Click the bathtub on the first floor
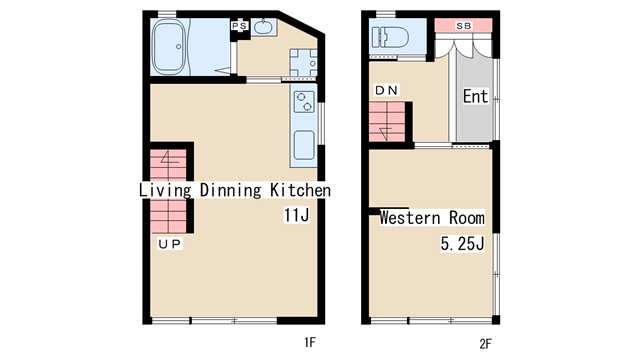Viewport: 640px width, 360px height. pyautogui.click(x=168, y=47)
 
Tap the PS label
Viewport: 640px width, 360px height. pyautogui.click(x=239, y=26)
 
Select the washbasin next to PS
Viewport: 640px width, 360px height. pyautogui.click(x=264, y=27)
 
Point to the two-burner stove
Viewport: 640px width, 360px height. pyautogui.click(x=304, y=102)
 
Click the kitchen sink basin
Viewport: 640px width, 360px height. pyautogui.click(x=304, y=145)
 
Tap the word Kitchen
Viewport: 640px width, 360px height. pyautogui.click(x=300, y=190)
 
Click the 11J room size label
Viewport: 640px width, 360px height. pyautogui.click(x=296, y=215)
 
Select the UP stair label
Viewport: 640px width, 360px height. pyautogui.click(x=169, y=244)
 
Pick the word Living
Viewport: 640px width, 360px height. pyautogui.click(x=165, y=191)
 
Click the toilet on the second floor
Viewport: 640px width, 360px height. pyautogui.click(x=390, y=38)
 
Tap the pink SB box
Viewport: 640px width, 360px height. pyautogui.click(x=463, y=25)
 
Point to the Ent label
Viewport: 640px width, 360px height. pyautogui.click(x=476, y=96)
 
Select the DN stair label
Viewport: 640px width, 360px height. pyautogui.click(x=386, y=90)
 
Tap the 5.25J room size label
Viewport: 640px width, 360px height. pyautogui.click(x=462, y=244)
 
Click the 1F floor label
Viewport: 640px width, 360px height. pyautogui.click(x=310, y=342)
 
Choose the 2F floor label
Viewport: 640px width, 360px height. pyautogui.click(x=485, y=344)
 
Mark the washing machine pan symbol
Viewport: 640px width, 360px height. pyautogui.click(x=304, y=62)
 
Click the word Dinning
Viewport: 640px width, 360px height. pyautogui.click(x=230, y=191)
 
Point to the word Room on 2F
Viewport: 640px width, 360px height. pyautogui.click(x=467, y=218)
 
